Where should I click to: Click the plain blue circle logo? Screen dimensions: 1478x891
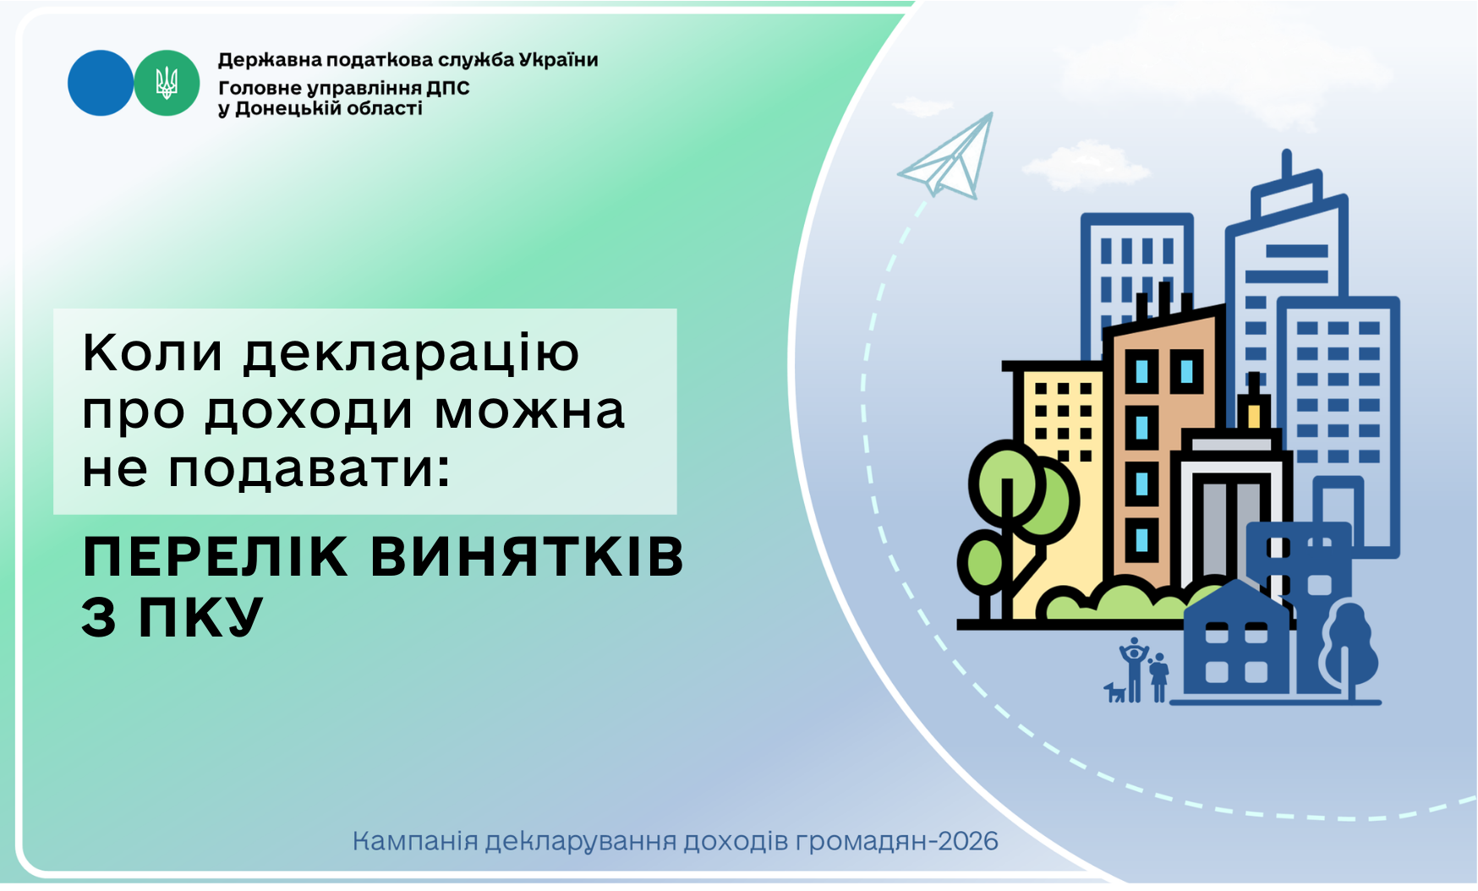click(x=101, y=83)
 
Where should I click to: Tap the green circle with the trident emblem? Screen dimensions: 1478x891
click(x=167, y=83)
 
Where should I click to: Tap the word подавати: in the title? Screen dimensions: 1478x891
click(x=309, y=469)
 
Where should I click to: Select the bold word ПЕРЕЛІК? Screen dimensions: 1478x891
click(x=216, y=557)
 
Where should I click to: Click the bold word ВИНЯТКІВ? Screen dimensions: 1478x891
click(x=527, y=557)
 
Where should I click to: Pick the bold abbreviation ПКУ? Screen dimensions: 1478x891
click(x=201, y=617)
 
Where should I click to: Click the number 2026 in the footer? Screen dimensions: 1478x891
click(x=968, y=842)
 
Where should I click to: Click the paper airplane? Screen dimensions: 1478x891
click(x=947, y=157)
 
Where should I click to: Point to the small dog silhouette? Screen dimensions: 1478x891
click(x=1115, y=692)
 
